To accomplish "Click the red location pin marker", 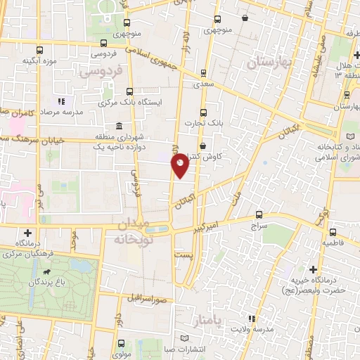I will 180,165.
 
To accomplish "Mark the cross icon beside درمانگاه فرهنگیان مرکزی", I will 27,232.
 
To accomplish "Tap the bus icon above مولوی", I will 121,343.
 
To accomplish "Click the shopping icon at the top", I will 244,18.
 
